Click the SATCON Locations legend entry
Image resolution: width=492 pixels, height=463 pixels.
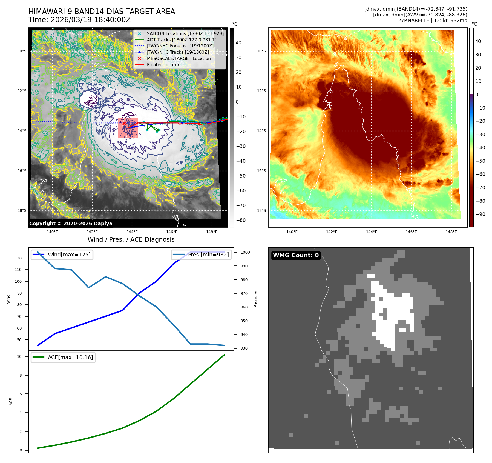point(185,33)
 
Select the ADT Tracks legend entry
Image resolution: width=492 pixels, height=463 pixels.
point(182,40)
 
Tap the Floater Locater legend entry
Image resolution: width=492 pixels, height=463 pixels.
point(163,65)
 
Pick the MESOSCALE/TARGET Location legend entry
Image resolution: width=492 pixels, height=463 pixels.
point(179,58)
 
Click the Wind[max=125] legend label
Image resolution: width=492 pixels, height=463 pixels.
point(69,255)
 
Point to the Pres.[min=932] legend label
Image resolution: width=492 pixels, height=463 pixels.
point(208,255)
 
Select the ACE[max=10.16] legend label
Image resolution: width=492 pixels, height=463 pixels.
point(70,357)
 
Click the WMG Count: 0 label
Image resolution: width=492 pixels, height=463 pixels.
point(296,255)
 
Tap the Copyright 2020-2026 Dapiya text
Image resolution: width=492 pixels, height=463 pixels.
point(71,224)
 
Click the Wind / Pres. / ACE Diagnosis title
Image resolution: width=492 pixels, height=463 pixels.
point(131,239)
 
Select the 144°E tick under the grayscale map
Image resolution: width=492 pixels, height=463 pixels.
point(132,232)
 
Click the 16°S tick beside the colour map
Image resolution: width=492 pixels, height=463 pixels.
point(261,171)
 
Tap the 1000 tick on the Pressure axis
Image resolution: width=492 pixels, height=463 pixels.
point(245,252)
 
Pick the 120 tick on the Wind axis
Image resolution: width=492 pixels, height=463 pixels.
point(18,258)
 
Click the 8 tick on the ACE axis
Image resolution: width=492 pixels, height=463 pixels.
point(21,375)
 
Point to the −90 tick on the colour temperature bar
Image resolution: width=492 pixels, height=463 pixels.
point(480,214)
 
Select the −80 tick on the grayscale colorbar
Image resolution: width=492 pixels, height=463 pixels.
point(241,220)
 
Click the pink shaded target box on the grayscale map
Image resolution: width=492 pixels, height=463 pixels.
point(128,128)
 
